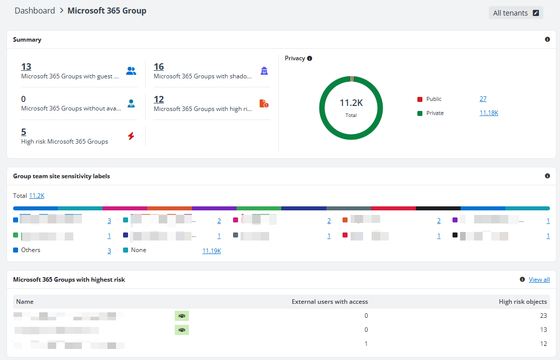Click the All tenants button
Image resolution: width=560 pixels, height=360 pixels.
coord(515,13)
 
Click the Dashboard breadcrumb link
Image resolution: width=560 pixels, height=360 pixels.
coord(35,11)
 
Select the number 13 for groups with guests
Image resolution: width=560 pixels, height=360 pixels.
coord(26,67)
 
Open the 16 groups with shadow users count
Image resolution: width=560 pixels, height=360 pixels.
coord(159,67)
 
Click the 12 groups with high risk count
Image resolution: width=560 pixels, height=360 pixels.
coord(159,99)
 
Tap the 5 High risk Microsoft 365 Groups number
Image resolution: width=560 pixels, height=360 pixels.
coord(24,132)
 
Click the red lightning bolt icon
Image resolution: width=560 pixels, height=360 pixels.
coord(131,136)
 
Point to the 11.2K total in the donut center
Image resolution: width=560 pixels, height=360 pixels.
coord(351,103)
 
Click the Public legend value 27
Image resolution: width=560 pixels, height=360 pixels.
coord(483,99)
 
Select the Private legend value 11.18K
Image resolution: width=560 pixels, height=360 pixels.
coord(489,113)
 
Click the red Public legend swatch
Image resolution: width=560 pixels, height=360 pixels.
coord(420,99)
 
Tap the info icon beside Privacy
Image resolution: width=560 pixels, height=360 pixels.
coord(309,58)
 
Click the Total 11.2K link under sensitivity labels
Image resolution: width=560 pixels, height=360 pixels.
coord(37,196)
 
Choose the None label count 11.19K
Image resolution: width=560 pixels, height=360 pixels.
coord(211,251)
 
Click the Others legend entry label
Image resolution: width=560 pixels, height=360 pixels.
coord(31,250)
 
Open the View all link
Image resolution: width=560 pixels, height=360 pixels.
coord(539,280)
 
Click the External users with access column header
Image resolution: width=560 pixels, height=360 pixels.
coord(329,302)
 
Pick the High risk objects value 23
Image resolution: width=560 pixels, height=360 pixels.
coord(543,316)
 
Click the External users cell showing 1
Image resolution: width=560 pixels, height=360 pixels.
coord(366,344)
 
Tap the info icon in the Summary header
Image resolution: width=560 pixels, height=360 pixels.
coord(547,39)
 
